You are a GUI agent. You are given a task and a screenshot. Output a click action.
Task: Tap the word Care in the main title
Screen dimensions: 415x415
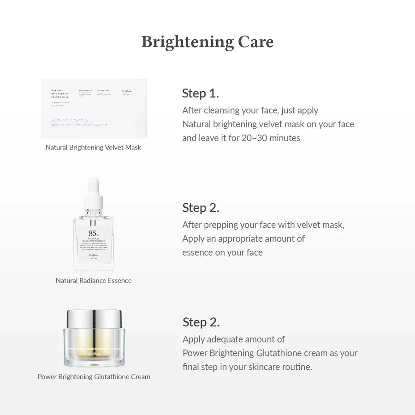(255, 42)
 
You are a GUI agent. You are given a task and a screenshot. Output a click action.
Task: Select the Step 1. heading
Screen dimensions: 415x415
(200, 93)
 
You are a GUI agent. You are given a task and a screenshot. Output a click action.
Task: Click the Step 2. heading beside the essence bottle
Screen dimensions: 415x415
(201, 207)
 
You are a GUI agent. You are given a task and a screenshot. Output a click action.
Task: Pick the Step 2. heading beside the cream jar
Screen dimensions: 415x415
(201, 322)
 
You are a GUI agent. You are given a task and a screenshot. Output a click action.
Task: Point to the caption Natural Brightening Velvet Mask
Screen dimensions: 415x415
(94, 148)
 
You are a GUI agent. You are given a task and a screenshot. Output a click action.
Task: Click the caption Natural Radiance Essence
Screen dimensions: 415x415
(94, 280)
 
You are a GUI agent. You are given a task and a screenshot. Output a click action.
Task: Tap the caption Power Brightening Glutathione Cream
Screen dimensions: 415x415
(94, 377)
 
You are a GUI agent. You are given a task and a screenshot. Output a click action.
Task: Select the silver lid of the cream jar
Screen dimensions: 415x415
(94, 318)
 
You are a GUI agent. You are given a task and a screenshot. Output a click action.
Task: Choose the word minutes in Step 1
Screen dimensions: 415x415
(285, 138)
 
